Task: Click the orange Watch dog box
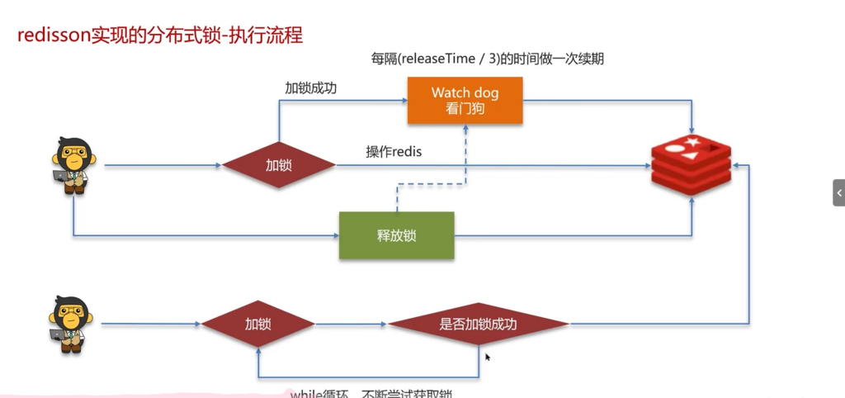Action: pos(465,100)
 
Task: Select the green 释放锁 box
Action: pos(397,235)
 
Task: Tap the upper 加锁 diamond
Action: pos(278,165)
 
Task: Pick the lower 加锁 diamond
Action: pos(258,324)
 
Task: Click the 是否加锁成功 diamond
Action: pos(479,324)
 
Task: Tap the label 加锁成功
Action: pos(311,88)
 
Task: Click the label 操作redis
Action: pos(394,152)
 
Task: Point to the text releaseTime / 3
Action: pos(458,59)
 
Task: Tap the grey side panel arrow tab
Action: pos(838,192)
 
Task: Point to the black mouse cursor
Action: pos(488,358)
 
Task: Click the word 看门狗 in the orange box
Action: pos(465,107)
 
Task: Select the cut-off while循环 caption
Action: pos(371,393)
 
